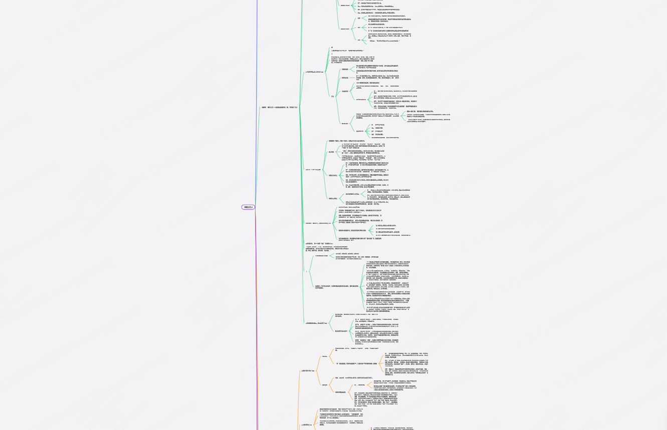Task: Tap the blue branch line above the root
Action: (257, 100)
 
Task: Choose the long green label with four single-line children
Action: (346, 230)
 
